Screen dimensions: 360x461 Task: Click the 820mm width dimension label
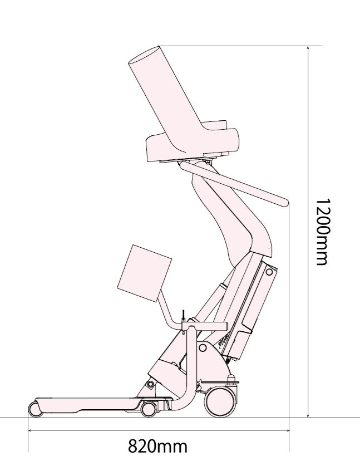(157, 446)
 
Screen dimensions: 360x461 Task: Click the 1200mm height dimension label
(323, 232)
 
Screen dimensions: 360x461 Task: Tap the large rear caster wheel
(220, 402)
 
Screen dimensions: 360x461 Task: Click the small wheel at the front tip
(35, 409)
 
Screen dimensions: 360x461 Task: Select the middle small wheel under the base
(149, 409)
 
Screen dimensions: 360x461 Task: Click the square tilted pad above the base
(144, 273)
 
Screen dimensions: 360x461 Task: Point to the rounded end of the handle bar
(284, 202)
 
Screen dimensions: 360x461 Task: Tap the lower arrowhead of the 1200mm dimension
(308, 414)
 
